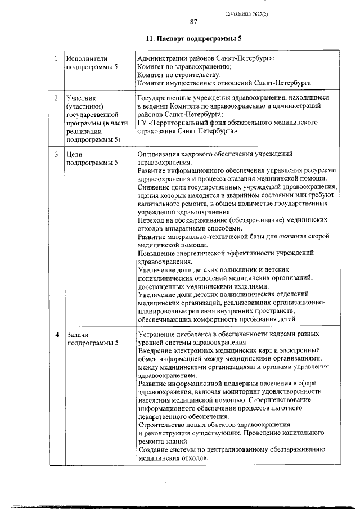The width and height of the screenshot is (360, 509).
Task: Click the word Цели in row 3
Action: [75, 154]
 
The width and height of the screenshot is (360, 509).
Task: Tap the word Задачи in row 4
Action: [78, 335]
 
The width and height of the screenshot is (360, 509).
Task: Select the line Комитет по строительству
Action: [179, 74]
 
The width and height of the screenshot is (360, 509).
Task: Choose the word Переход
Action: [151, 220]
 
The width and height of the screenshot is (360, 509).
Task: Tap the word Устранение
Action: [158, 335]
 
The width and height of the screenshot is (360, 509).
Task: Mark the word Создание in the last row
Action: [154, 450]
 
